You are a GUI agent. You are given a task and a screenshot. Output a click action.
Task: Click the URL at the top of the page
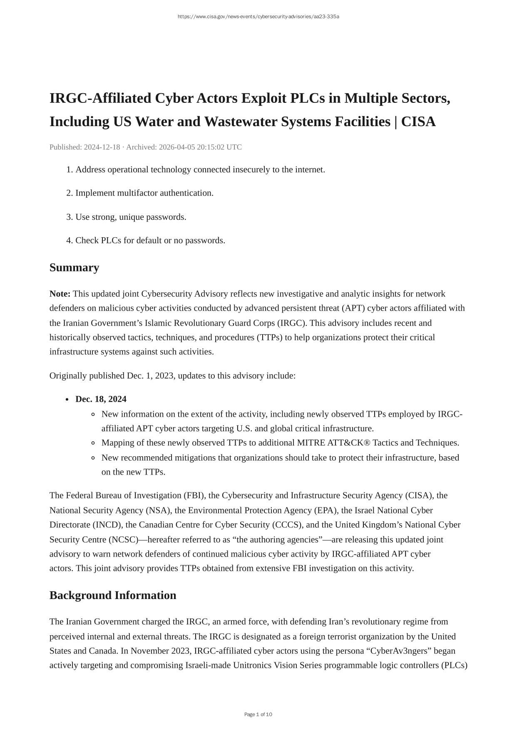tap(258, 17)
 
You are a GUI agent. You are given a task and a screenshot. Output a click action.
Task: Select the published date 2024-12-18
tap(102, 147)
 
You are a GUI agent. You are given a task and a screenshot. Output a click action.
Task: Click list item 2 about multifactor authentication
tap(144, 193)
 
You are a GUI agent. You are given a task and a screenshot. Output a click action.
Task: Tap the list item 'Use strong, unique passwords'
tap(131, 217)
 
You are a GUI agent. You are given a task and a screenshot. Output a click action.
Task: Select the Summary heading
tap(74, 268)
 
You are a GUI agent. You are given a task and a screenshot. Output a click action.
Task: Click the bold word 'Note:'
tap(60, 294)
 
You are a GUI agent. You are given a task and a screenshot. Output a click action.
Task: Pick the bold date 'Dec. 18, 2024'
tap(101, 399)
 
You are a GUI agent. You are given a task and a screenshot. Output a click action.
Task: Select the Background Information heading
tap(113, 595)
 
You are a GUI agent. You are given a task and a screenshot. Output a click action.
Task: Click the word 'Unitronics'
tap(252, 665)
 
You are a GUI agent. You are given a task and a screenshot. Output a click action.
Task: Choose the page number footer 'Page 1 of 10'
tap(258, 715)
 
